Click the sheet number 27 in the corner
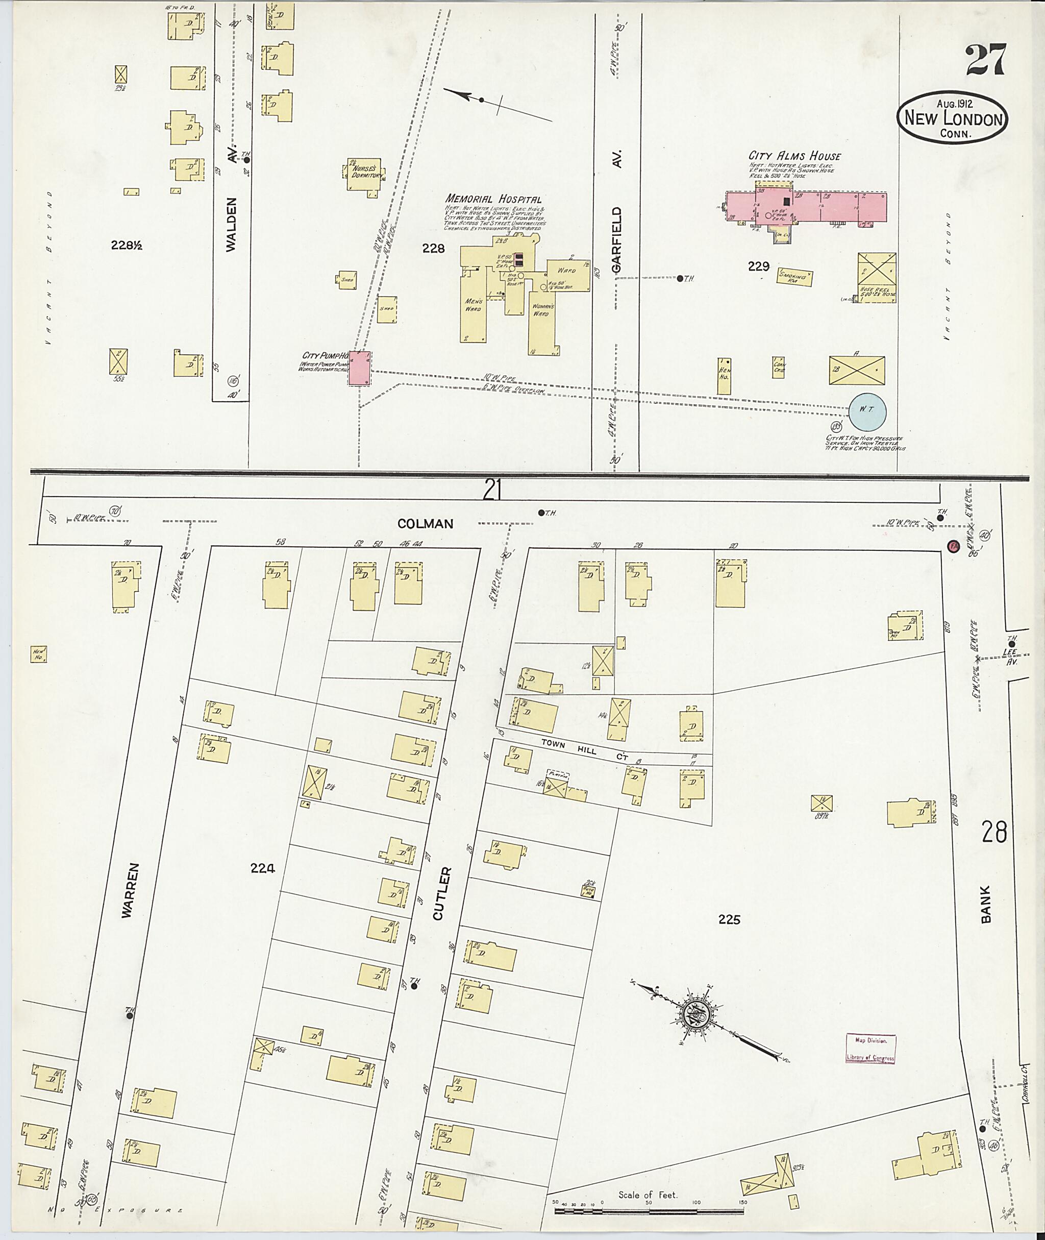[985, 60]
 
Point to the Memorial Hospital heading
[493, 200]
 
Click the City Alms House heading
[794, 156]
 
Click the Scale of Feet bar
[651, 1210]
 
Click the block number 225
[729, 919]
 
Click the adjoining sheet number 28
[993, 833]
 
